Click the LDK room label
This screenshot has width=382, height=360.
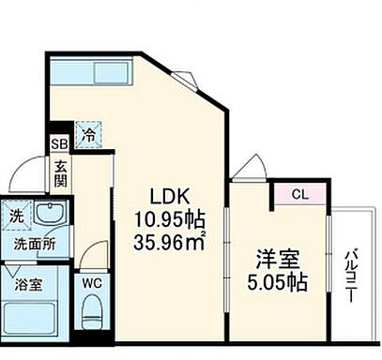pos(172,199)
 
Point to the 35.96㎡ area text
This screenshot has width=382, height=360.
pos(172,242)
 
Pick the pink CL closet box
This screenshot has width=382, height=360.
pos(298,195)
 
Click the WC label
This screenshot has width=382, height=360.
pos(91,280)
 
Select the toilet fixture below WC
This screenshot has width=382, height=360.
pos(92,308)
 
